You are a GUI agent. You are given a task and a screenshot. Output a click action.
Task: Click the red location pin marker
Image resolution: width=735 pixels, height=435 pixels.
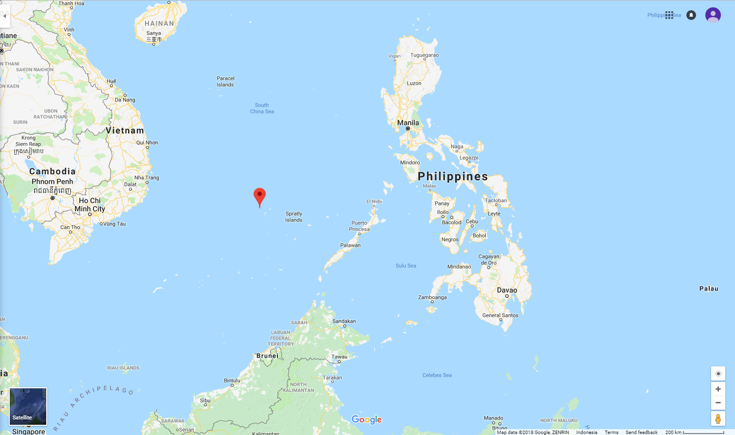tap(260, 196)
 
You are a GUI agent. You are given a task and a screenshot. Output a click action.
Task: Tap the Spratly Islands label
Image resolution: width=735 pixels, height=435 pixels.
tap(294, 217)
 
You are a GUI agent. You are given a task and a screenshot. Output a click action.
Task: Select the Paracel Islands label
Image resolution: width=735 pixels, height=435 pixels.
tap(225, 81)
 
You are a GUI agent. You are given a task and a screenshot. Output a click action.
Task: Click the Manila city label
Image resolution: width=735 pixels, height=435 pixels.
tap(408, 123)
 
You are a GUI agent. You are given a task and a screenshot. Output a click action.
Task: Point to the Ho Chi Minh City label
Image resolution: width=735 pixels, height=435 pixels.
tap(90, 204)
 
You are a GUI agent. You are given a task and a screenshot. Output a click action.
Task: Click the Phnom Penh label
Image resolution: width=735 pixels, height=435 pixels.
tap(52, 181)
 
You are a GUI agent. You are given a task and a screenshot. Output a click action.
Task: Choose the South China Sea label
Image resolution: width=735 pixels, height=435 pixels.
tap(262, 108)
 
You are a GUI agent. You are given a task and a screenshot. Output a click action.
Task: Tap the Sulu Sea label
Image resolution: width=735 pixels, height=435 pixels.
tap(405, 266)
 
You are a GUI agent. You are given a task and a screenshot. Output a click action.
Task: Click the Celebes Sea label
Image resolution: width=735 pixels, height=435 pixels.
tap(437, 375)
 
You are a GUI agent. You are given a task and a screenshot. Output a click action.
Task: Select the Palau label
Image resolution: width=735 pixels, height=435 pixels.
tap(709, 289)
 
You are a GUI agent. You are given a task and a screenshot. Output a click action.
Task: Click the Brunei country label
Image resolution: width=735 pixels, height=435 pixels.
tap(267, 356)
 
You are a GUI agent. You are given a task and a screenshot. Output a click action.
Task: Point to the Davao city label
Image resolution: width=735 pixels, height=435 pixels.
tap(507, 290)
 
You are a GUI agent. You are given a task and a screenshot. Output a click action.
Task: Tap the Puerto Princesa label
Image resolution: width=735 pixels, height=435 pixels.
tap(359, 226)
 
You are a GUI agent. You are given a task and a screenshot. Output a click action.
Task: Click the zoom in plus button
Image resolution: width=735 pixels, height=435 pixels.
tap(718, 389)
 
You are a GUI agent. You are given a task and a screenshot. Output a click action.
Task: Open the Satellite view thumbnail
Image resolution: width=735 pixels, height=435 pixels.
tap(28, 406)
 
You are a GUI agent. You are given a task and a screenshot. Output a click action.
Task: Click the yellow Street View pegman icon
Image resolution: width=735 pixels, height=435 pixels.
tap(718, 418)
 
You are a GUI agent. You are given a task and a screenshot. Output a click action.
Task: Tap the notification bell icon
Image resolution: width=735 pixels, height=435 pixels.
tap(691, 15)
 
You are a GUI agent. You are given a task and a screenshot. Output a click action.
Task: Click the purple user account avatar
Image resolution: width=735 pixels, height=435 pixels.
tap(713, 15)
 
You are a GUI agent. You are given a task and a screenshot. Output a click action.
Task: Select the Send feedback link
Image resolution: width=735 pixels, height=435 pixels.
tap(641, 432)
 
